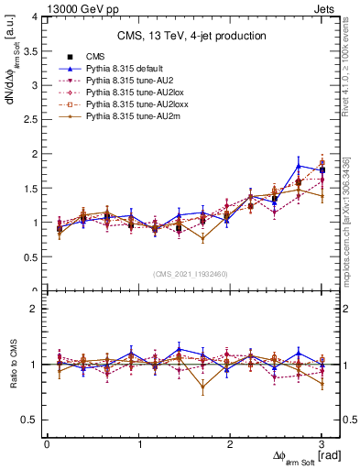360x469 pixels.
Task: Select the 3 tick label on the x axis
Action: pos(322,444)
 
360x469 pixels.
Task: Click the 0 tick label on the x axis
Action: pos(47,444)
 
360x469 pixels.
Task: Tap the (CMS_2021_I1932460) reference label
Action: pos(190,274)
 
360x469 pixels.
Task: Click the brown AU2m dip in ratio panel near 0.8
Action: pos(202,387)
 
